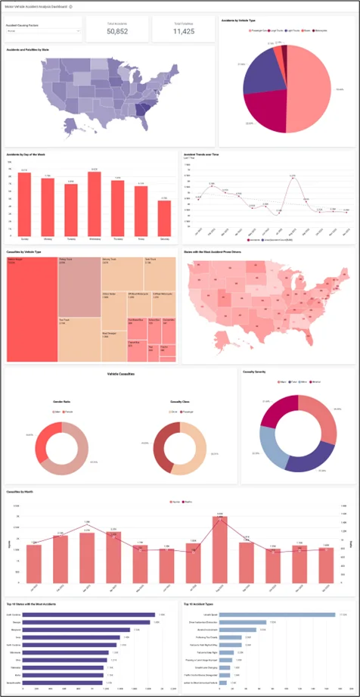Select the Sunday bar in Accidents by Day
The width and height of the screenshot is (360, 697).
coord(25,201)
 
